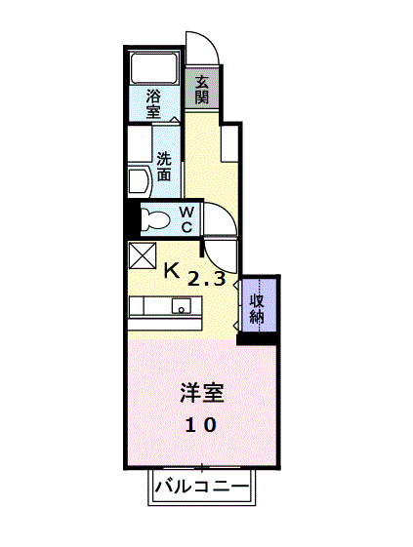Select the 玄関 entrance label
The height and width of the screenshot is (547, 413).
[x=201, y=90]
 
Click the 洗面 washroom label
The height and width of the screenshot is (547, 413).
[x=163, y=167]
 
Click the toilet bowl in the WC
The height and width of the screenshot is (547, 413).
[x=152, y=219]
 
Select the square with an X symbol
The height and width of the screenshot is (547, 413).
[x=141, y=254]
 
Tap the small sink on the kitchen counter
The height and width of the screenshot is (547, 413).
[x=181, y=306]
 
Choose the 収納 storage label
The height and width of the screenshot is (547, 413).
[x=257, y=308]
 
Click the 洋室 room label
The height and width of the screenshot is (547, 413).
[x=202, y=394]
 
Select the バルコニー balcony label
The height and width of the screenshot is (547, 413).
[x=203, y=487]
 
